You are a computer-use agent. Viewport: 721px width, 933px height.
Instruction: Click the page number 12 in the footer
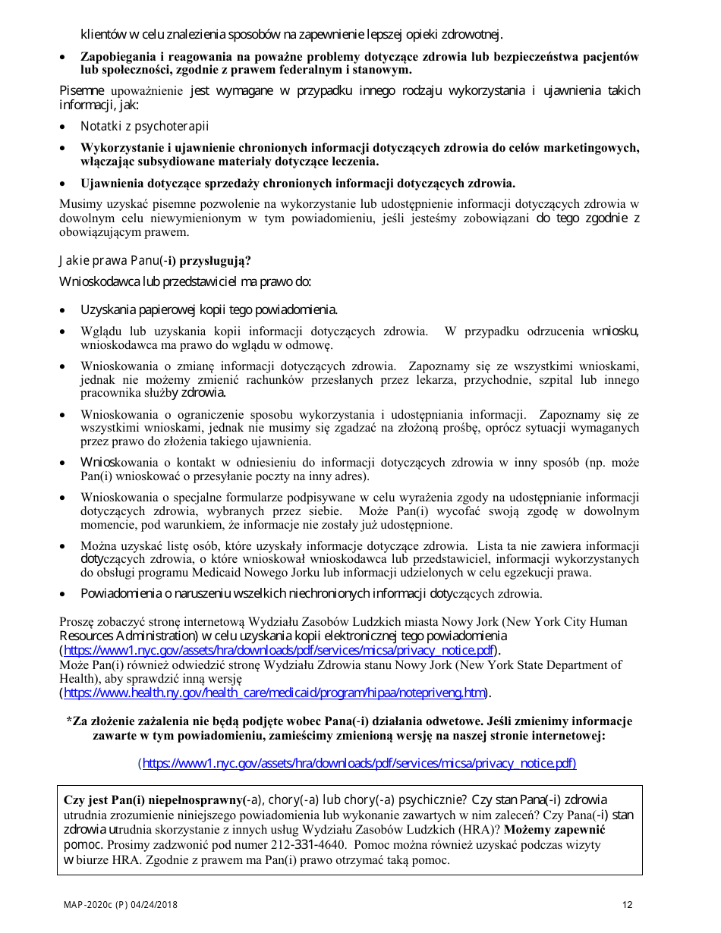tap(627, 905)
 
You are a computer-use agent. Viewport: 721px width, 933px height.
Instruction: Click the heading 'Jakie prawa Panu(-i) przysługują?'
tap(155, 261)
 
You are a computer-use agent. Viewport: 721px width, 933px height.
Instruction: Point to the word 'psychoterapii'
tap(173, 126)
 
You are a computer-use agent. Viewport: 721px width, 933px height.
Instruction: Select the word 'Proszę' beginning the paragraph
tap(77, 621)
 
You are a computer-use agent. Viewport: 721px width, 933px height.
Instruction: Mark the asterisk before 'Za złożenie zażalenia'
tap(70, 721)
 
